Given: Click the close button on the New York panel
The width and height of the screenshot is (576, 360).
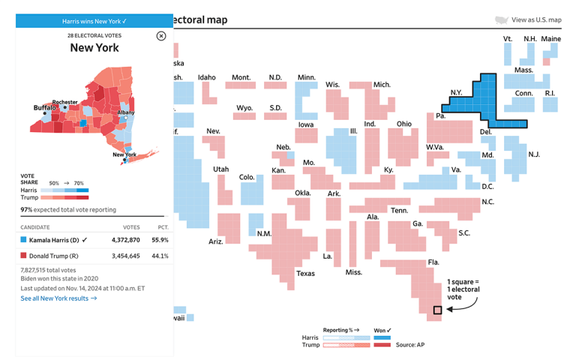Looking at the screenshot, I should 161,36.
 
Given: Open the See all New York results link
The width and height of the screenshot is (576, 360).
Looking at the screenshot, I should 58,298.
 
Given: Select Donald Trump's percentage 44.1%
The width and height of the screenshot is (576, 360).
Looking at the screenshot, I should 160,256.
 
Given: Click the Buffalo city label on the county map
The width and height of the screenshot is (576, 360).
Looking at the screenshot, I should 44,108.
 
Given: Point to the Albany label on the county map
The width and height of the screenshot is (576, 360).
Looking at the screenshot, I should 126,112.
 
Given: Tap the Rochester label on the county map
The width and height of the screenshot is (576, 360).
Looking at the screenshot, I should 65,102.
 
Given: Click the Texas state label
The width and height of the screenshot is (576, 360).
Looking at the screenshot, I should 305,273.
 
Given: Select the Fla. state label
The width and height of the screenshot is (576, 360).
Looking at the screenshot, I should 433,262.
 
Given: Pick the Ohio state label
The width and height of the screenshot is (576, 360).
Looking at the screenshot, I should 404,124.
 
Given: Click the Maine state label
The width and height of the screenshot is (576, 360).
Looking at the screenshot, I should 550,39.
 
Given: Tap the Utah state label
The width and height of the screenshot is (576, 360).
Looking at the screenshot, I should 221,169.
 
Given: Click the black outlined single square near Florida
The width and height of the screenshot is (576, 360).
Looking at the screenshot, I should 437,310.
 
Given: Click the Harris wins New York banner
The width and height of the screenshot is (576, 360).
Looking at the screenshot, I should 94,21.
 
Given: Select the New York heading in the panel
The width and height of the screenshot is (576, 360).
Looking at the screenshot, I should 94,48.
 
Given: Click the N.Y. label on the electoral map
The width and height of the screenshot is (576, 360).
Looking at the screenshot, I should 456,92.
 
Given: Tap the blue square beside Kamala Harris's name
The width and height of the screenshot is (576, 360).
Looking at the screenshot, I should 23,240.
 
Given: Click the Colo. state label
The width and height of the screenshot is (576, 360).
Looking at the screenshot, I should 247,177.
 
